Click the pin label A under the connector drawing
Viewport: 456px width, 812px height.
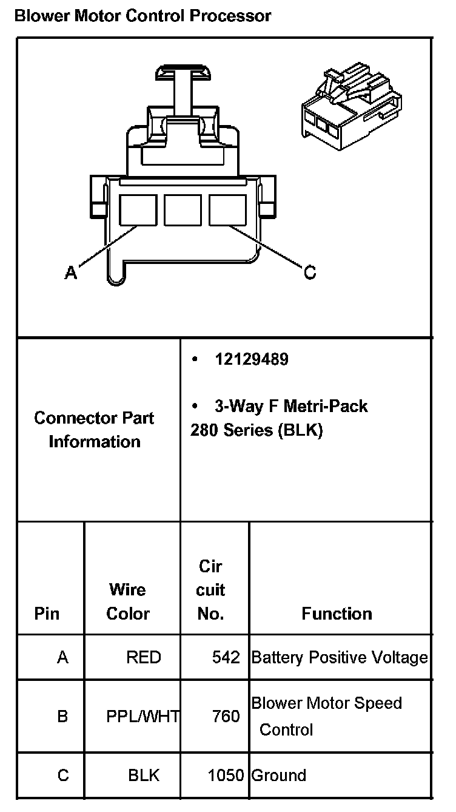tap(71, 273)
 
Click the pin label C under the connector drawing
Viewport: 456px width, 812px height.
tap(310, 273)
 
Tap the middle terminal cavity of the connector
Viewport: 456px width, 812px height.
tap(183, 211)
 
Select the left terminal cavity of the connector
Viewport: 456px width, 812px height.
tap(138, 211)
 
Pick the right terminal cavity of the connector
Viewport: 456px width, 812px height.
tap(228, 211)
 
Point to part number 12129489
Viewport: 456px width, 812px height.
tap(252, 359)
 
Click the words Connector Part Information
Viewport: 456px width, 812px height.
tap(94, 430)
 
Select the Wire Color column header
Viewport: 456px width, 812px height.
tap(128, 601)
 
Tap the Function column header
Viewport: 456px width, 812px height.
tap(337, 614)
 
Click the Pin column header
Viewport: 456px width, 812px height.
tap(47, 614)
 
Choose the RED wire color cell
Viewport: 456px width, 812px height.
tap(144, 657)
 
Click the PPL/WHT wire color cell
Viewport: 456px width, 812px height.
tap(142, 716)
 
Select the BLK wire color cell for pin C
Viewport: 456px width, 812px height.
tap(144, 775)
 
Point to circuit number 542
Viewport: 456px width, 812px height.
tap(226, 657)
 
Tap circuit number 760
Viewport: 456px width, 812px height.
tap(226, 716)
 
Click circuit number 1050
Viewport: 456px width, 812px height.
tap(226, 775)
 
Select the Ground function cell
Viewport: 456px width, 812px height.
tap(279, 775)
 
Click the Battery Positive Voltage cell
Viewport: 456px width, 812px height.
tap(340, 657)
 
